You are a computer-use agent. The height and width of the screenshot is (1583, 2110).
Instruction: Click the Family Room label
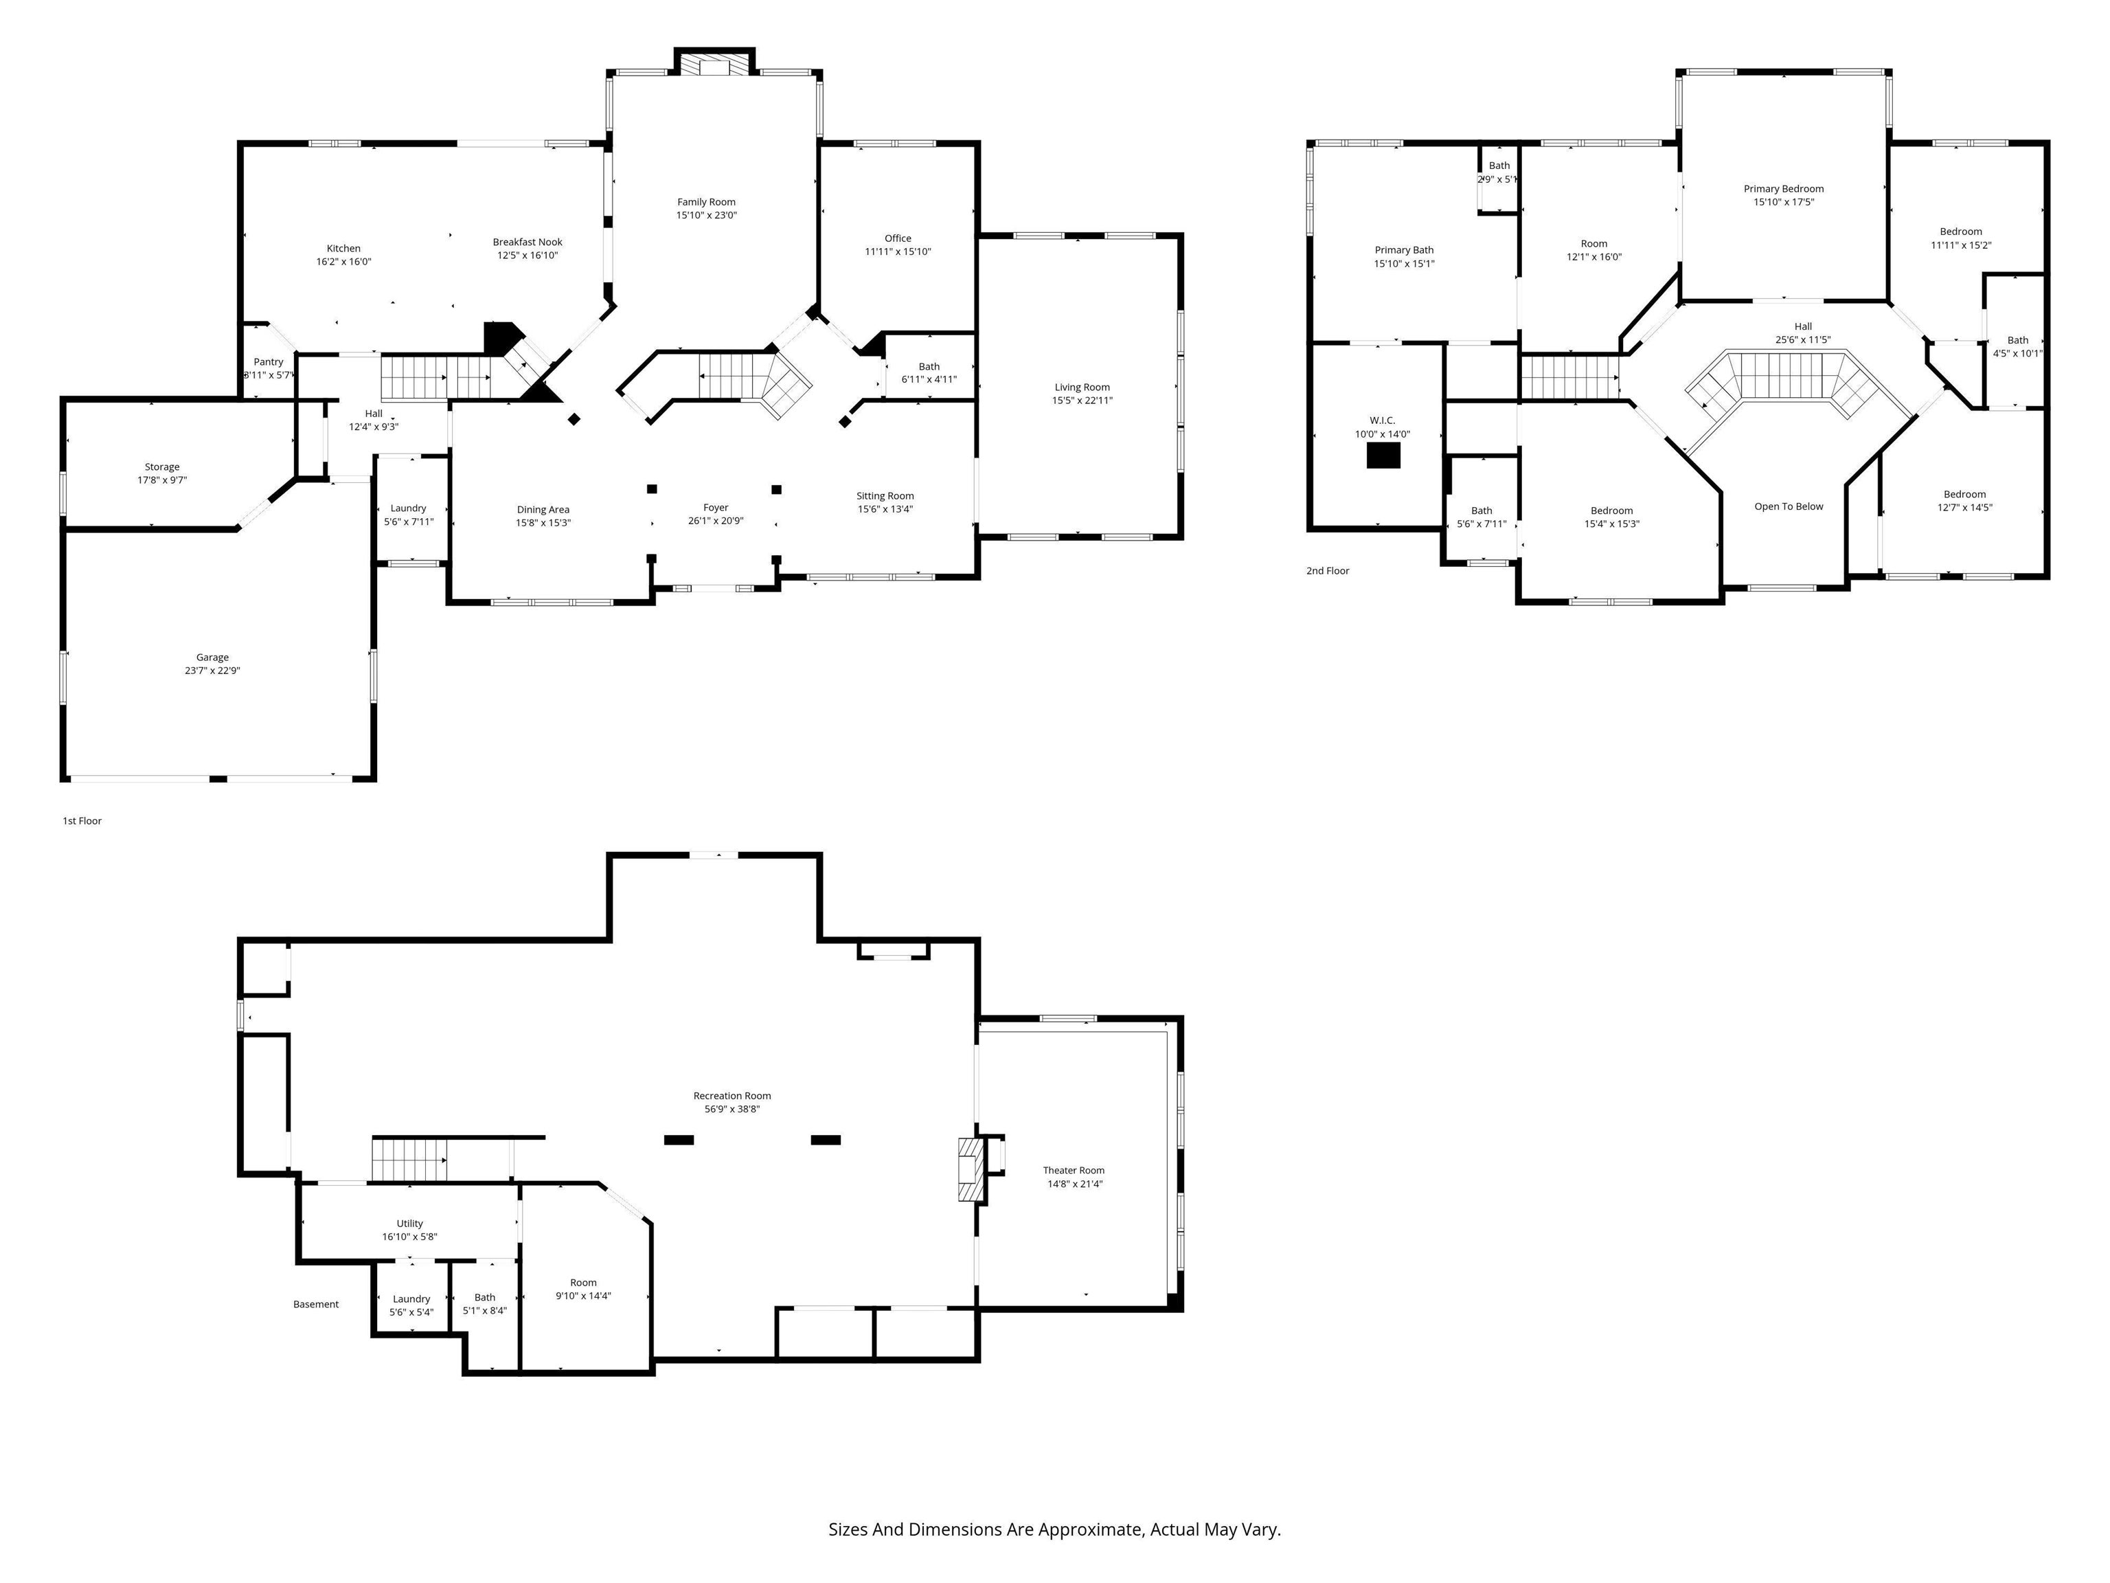(706, 202)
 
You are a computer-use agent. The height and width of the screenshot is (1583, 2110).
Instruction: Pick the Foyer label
(716, 508)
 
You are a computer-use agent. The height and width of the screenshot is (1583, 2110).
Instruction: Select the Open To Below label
(1789, 506)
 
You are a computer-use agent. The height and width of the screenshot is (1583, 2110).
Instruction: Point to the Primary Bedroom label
(1783, 189)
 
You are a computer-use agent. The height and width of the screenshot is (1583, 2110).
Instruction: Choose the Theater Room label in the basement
(1073, 1171)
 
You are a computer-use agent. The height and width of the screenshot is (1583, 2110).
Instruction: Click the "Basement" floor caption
(316, 1304)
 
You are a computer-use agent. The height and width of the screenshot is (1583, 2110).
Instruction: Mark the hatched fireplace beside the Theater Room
(970, 1169)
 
